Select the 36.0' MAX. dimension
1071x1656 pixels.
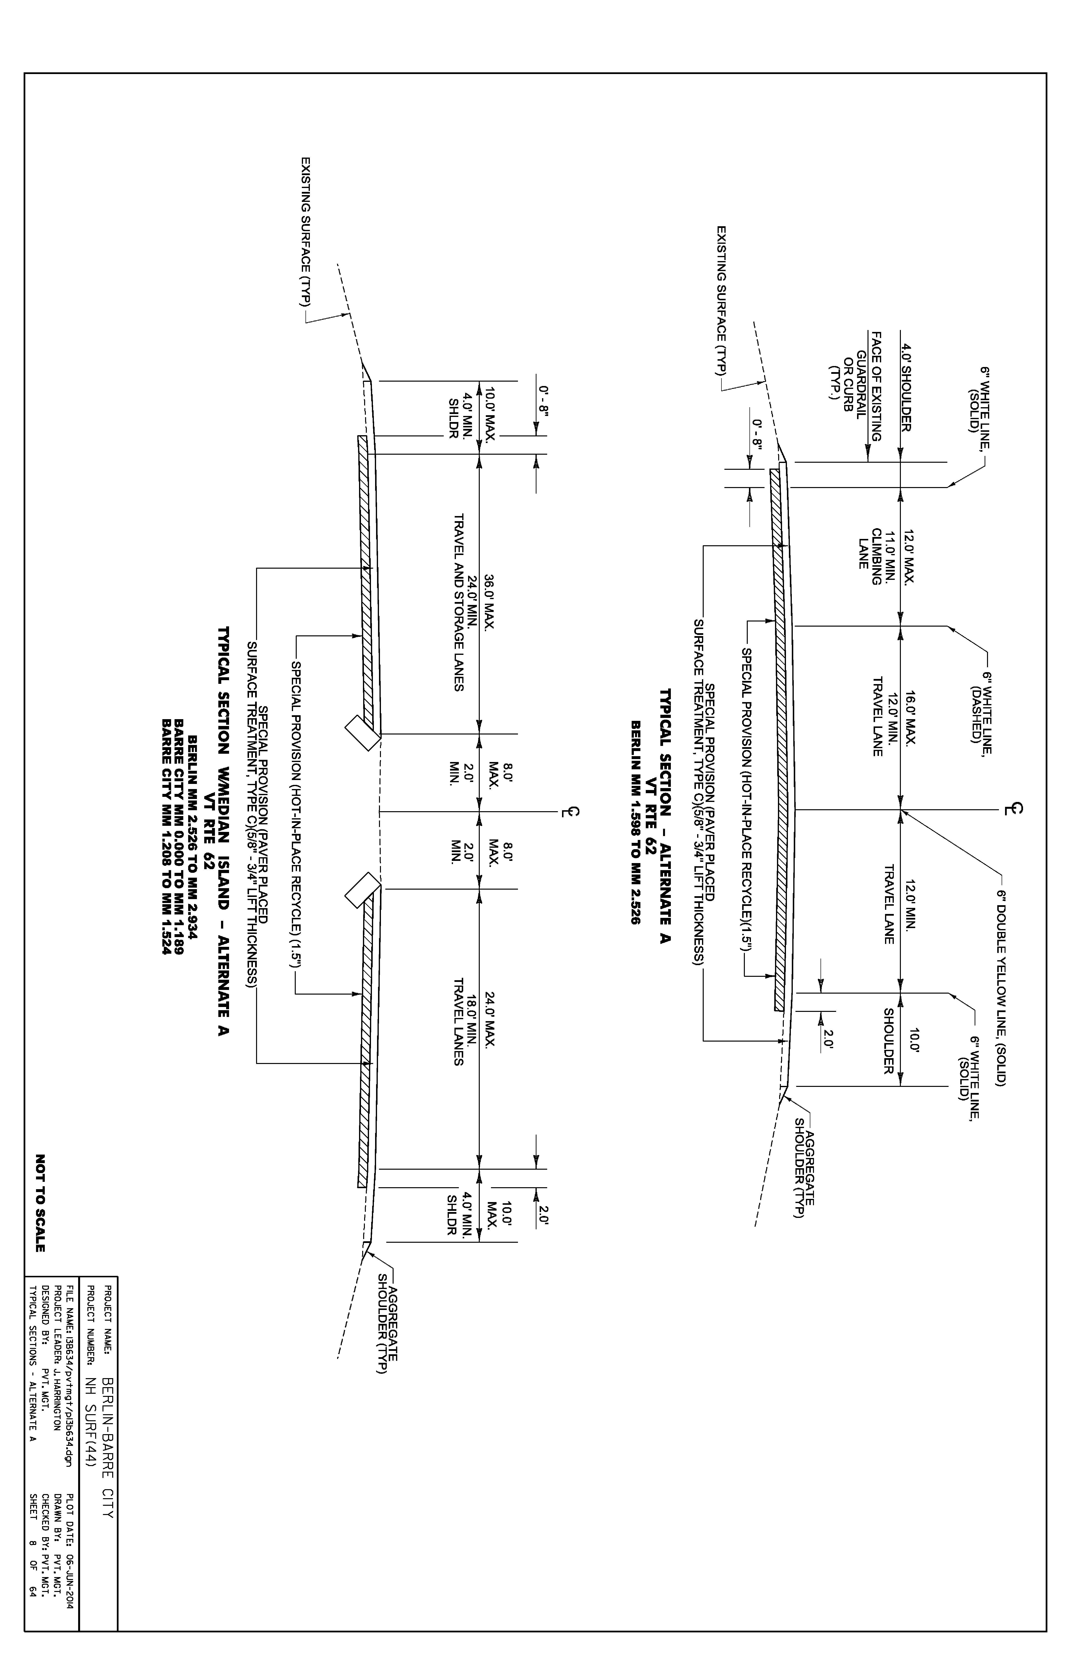tap(489, 602)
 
